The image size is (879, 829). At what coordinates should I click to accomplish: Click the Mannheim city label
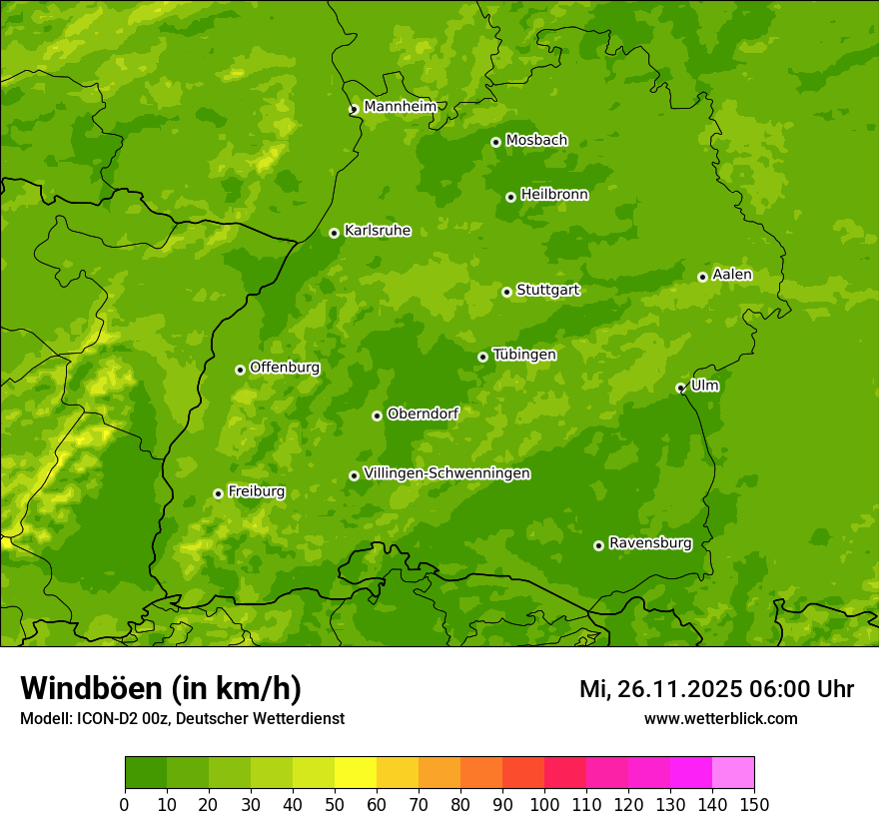pos(400,106)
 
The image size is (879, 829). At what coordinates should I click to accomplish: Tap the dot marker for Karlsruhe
pos(334,233)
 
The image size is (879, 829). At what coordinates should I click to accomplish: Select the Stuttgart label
pos(547,290)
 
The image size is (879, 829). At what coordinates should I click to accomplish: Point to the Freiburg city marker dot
pos(218,493)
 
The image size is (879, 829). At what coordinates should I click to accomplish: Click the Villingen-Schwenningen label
pos(446,473)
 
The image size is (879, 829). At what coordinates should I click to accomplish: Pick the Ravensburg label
pos(649,543)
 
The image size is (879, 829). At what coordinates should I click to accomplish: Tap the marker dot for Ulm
pos(680,388)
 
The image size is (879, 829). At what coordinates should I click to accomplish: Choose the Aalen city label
pos(732,274)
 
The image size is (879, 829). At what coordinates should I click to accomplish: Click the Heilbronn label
pos(553,194)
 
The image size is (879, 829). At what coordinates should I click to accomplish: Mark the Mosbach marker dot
pos(495,142)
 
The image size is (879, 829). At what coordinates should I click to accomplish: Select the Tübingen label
pos(523,355)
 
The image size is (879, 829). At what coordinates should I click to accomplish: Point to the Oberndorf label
pos(423,414)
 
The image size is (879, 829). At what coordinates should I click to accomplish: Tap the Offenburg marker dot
pos(240,370)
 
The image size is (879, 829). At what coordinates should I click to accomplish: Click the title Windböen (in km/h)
pos(160,688)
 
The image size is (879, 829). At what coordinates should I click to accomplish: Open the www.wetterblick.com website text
pos(720,718)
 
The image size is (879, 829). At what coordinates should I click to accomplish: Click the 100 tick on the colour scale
pos(543,803)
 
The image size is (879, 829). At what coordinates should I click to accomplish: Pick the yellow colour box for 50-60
pos(355,772)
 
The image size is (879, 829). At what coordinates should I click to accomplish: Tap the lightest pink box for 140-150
pos(732,772)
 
